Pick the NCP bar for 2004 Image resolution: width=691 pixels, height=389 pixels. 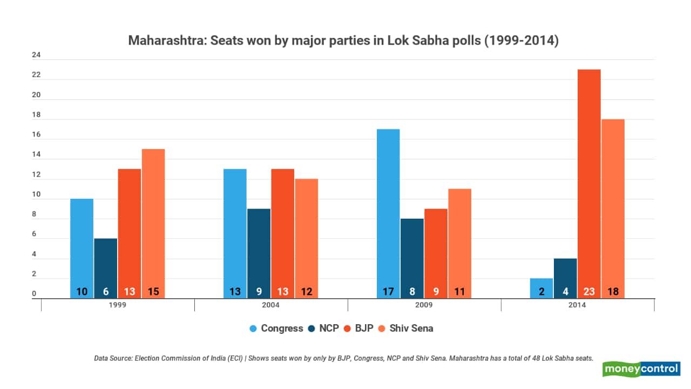tap(259, 249)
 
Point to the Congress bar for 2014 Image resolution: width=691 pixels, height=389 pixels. tap(541, 286)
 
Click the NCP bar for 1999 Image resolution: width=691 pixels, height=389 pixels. tap(106, 265)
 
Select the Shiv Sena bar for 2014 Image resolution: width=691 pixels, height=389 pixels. tap(613, 205)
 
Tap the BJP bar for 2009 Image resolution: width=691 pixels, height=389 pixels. tap(436, 249)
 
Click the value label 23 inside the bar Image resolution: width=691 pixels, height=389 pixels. tap(589, 292)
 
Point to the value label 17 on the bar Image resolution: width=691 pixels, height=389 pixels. tap(388, 292)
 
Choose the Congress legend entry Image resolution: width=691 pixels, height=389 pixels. tap(276, 328)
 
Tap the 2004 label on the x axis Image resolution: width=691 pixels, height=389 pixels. tap(271, 305)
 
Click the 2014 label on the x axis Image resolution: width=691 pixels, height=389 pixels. tap(578, 305)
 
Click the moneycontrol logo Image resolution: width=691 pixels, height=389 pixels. tap(641, 369)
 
